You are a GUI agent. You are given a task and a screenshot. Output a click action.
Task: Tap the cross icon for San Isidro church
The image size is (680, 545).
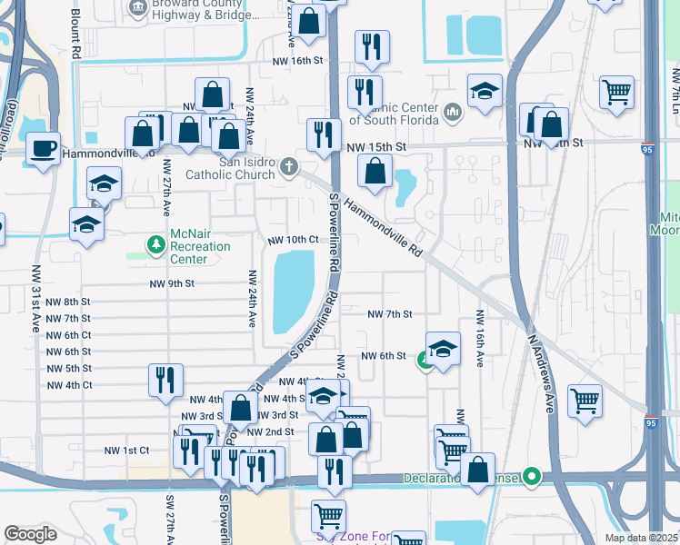[289, 165]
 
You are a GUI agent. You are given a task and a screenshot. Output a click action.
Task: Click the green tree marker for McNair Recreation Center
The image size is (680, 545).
[155, 243]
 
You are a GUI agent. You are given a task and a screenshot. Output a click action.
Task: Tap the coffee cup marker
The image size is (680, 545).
[43, 148]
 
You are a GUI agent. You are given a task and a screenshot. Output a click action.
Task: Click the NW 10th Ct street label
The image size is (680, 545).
[293, 239]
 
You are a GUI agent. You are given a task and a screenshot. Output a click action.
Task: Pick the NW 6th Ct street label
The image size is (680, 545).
[67, 335]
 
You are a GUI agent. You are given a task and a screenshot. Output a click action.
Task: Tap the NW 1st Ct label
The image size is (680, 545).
[125, 451]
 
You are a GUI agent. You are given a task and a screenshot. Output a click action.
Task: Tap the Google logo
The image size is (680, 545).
[30, 533]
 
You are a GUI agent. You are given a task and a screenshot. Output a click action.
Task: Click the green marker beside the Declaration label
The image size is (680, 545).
[532, 476]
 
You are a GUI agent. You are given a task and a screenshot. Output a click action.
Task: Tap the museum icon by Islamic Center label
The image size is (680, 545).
[453, 114]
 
